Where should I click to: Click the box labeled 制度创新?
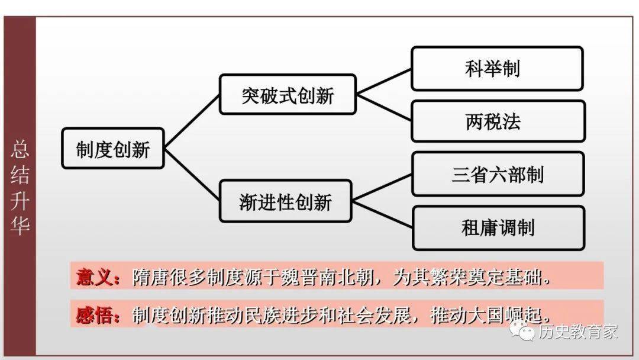pyautogui.click(x=112, y=149)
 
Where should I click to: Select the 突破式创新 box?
pyautogui.click(x=288, y=95)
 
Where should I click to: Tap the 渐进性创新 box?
pyautogui.click(x=285, y=201)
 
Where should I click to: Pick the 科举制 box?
pyautogui.click(x=497, y=69)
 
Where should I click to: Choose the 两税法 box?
pyautogui.click(x=498, y=121)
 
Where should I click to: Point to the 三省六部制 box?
pyautogui.click(x=498, y=174)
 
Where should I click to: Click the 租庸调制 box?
pyautogui.click(x=498, y=227)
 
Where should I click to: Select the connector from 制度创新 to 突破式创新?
pyautogui.click(x=192, y=121)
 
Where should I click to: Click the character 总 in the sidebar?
pyautogui.click(x=20, y=149)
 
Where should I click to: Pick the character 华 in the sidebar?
pyautogui.click(x=20, y=226)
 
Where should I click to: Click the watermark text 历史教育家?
pyautogui.click(x=577, y=332)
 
